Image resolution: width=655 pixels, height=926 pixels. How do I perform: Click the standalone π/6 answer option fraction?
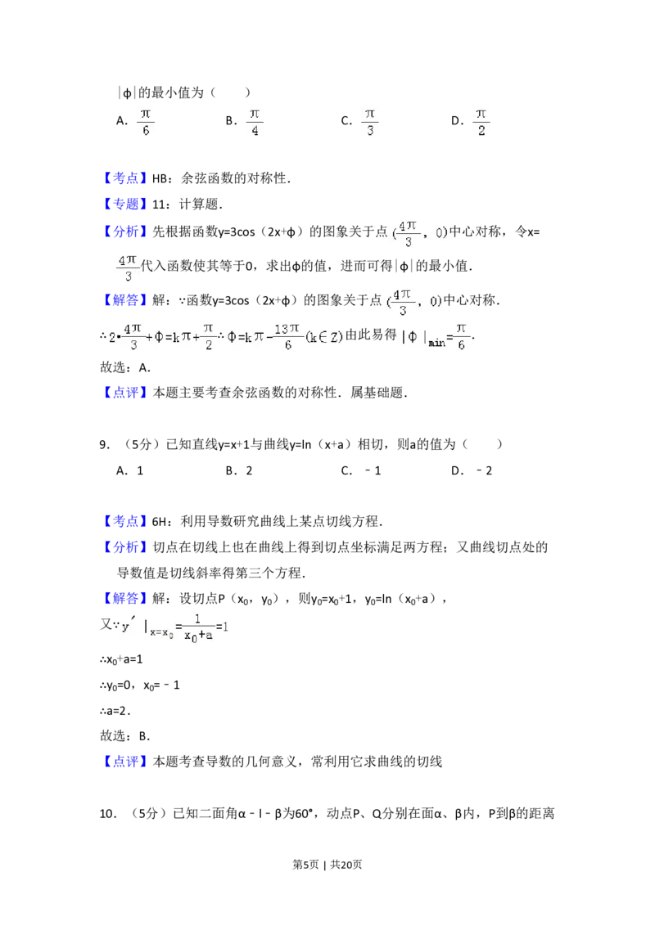(x=144, y=121)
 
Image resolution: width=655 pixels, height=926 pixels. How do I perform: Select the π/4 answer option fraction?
(x=255, y=121)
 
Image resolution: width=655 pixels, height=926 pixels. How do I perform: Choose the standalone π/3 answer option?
(x=370, y=121)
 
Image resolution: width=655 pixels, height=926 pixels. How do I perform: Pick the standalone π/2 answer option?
(x=481, y=121)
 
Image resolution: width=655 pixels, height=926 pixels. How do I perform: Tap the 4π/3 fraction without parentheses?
(x=128, y=267)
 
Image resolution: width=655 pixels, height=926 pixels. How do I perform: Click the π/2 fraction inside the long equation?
(x=208, y=336)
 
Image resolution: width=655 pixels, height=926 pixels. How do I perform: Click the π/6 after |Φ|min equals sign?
(x=462, y=336)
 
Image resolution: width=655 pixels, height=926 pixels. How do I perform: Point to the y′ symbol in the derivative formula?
(x=128, y=627)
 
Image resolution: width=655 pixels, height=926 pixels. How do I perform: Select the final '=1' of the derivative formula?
(x=224, y=627)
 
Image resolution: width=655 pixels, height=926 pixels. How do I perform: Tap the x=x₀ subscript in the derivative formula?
(x=162, y=632)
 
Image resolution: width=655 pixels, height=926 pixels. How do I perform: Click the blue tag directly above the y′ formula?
(x=127, y=599)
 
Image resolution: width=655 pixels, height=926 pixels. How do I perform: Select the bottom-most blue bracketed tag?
(x=127, y=762)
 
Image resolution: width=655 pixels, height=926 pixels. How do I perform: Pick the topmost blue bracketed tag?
(x=127, y=179)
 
